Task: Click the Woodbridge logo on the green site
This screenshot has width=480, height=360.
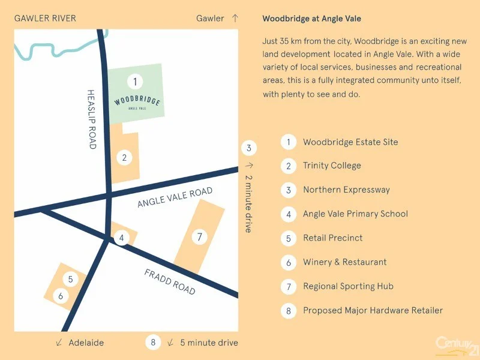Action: click(x=137, y=101)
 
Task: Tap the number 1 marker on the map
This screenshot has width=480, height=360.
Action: click(x=136, y=81)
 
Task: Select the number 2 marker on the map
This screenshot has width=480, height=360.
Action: click(x=124, y=158)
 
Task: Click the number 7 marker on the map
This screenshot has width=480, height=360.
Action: click(x=200, y=237)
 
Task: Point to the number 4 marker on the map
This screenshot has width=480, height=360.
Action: click(x=122, y=238)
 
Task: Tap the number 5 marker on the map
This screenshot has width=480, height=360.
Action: click(x=70, y=279)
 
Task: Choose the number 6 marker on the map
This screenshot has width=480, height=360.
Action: click(x=61, y=296)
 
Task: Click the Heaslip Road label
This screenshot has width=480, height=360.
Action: click(x=92, y=119)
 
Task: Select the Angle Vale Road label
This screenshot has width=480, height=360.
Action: click(x=175, y=197)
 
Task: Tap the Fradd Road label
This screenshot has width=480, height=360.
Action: click(x=170, y=281)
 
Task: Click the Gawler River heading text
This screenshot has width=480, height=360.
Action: click(x=45, y=18)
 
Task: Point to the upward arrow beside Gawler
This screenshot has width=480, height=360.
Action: click(x=235, y=18)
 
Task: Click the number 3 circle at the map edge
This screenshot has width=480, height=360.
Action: click(x=249, y=148)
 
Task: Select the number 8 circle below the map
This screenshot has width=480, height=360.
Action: click(x=154, y=343)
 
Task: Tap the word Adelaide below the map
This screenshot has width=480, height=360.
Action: click(x=86, y=343)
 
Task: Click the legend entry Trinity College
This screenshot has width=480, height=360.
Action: click(x=332, y=166)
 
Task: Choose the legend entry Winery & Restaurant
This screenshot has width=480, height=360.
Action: click(x=344, y=262)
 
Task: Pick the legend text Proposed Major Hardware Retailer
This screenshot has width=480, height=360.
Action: click(x=373, y=310)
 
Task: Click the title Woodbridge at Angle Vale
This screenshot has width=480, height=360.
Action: click(x=311, y=19)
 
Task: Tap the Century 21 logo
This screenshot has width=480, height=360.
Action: click(x=456, y=345)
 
